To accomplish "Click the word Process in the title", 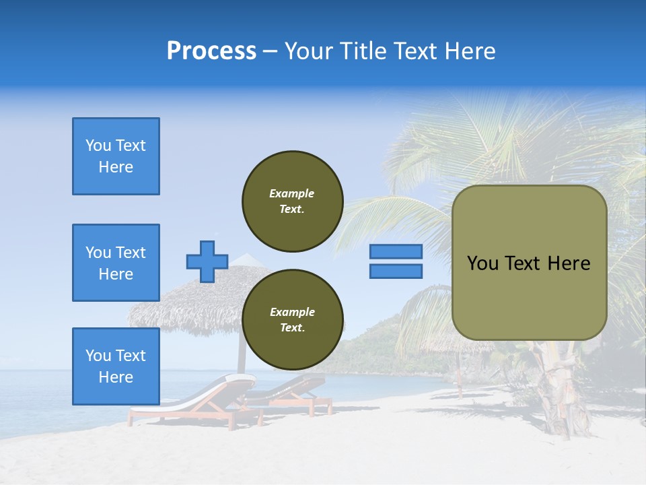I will [x=211, y=51].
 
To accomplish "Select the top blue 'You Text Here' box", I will [x=116, y=156].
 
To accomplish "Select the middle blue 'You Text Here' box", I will [x=116, y=263].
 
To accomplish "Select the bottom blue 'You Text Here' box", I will [x=116, y=366].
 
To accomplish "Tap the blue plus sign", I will [x=207, y=261].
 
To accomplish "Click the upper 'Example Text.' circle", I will [x=292, y=201].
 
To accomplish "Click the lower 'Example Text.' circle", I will [x=292, y=320].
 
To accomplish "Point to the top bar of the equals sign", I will [x=396, y=251].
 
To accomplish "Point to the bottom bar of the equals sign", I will [x=396, y=271].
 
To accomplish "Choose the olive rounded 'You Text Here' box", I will [x=529, y=263].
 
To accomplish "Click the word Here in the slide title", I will [x=470, y=51].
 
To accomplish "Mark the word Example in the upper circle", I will [x=292, y=193].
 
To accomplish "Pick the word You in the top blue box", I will [x=98, y=145].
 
